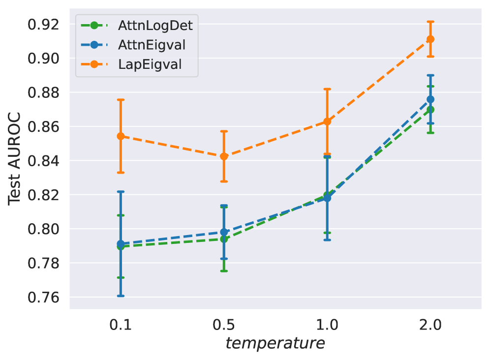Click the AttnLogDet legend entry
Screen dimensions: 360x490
pos(155,25)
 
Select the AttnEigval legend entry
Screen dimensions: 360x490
pos(152,45)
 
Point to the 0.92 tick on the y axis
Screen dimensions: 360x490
pos(45,24)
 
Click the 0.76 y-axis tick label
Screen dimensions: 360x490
pos(45,298)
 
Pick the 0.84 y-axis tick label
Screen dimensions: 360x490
pos(45,161)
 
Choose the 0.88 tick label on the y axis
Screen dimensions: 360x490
pos(45,92)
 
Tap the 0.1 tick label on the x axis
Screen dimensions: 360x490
pos(121,326)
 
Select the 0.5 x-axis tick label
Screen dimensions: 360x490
pos(224,326)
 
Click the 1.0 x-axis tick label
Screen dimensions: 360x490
pos(327,326)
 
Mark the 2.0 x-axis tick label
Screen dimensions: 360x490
pos(430,326)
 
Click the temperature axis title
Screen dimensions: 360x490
pos(275,343)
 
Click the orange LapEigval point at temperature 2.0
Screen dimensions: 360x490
pos(430,39)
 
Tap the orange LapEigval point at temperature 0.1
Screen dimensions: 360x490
pos(121,136)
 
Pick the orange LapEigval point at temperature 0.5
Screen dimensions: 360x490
pos(224,156)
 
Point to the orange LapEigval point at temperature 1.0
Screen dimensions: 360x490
pos(327,121)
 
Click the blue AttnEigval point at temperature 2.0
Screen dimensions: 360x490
pos(430,99)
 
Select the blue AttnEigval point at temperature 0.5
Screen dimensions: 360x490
pos(224,232)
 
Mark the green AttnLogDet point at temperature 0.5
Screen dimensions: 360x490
pos(224,239)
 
